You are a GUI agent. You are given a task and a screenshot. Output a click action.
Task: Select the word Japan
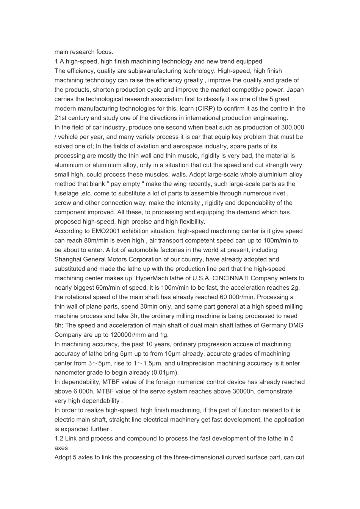point(295,90)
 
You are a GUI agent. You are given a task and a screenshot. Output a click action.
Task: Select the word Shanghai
point(67,259)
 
